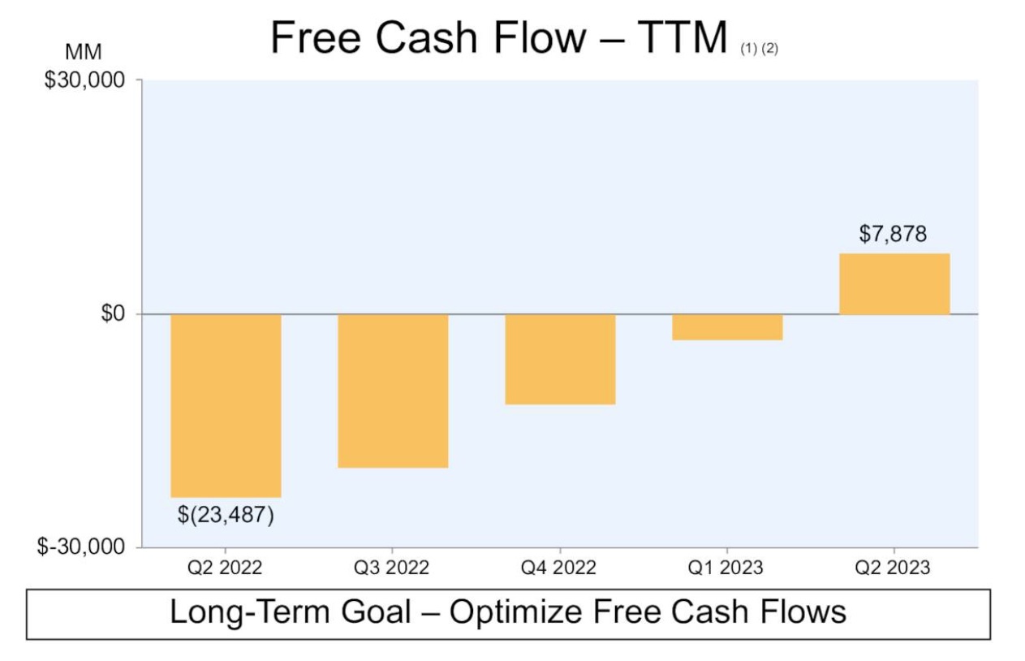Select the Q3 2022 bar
pyautogui.click(x=393, y=390)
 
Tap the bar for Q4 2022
pyautogui.click(x=560, y=358)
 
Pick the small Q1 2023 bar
pyautogui.click(x=727, y=326)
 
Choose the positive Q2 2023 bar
pyautogui.click(x=894, y=283)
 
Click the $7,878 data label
pyautogui.click(x=893, y=235)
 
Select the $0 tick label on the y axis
pyautogui.click(x=112, y=314)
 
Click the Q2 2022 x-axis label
pyautogui.click(x=225, y=568)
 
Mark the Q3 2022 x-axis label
pyautogui.click(x=392, y=568)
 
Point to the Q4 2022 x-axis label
pyautogui.click(x=559, y=568)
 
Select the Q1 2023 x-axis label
pyautogui.click(x=726, y=568)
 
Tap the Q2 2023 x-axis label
pyautogui.click(x=894, y=568)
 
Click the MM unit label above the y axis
pyautogui.click(x=83, y=53)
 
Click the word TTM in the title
pyautogui.click(x=682, y=38)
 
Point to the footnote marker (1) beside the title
pyautogui.click(x=747, y=49)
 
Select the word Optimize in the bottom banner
pyautogui.click(x=519, y=611)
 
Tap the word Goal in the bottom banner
pyautogui.click(x=369, y=611)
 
